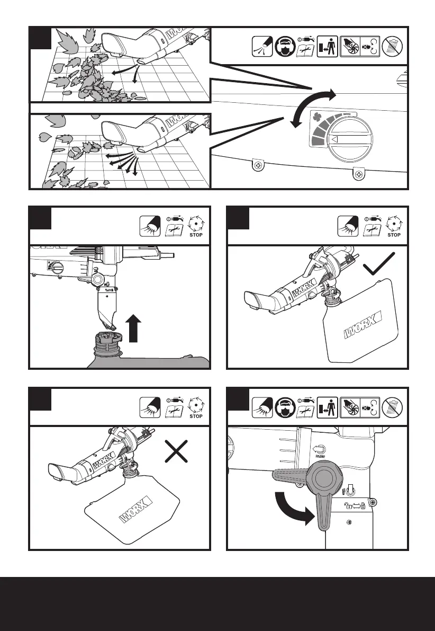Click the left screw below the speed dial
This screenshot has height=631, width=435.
click(258, 166)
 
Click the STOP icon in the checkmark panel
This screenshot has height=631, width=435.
click(394, 228)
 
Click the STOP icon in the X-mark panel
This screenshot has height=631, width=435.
click(196, 409)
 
